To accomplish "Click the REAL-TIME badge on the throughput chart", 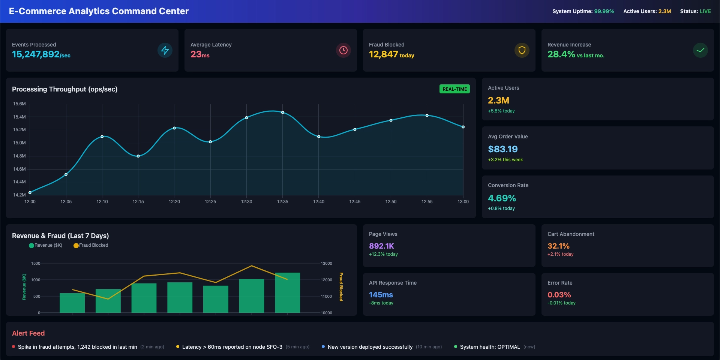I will click(x=454, y=89).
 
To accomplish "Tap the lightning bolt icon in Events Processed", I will click(x=165, y=50).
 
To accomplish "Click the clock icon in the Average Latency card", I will click(x=343, y=50).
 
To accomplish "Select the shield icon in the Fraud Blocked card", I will click(x=522, y=50).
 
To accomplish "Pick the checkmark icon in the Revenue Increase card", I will click(x=700, y=50).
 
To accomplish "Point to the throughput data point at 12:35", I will click(x=283, y=112).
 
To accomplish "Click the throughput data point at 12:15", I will click(x=138, y=156).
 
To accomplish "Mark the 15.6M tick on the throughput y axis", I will click(x=19, y=104).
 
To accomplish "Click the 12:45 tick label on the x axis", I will click(x=355, y=202).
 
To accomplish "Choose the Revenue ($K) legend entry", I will click(x=46, y=245).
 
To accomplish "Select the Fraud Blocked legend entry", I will click(x=91, y=245).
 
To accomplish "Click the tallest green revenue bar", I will click(x=287, y=292).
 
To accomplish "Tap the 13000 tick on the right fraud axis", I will click(x=326, y=263).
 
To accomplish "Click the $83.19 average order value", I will click(x=502, y=149).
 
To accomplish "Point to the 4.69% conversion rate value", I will click(x=502, y=198).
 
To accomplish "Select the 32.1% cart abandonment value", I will click(x=558, y=246).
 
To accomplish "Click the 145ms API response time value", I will click(x=381, y=295).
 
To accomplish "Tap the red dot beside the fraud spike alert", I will click(x=13, y=347).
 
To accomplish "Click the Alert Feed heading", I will click(x=28, y=333).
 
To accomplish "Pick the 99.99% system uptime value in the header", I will click(x=604, y=11).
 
